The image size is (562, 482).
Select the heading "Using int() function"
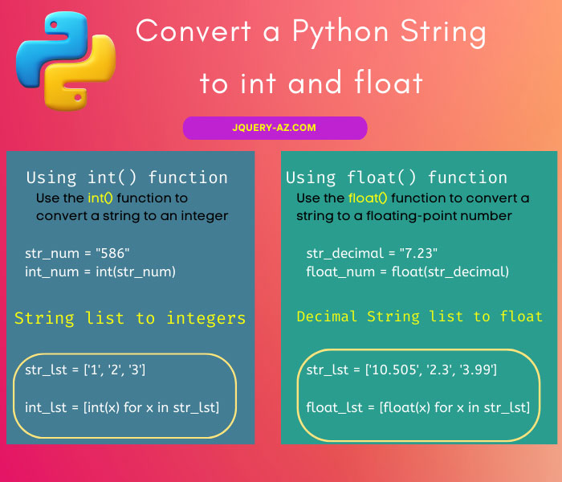127,178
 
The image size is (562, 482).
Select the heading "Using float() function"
397,178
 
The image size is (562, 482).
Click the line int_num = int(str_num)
100,272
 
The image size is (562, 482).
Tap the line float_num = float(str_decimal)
408,272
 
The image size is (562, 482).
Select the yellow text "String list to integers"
130,318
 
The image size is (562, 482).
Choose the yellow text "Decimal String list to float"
420,317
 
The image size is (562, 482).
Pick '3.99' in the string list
477,370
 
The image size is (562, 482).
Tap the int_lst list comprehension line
122,407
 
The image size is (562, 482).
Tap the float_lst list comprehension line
418,407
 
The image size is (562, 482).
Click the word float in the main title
388,83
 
